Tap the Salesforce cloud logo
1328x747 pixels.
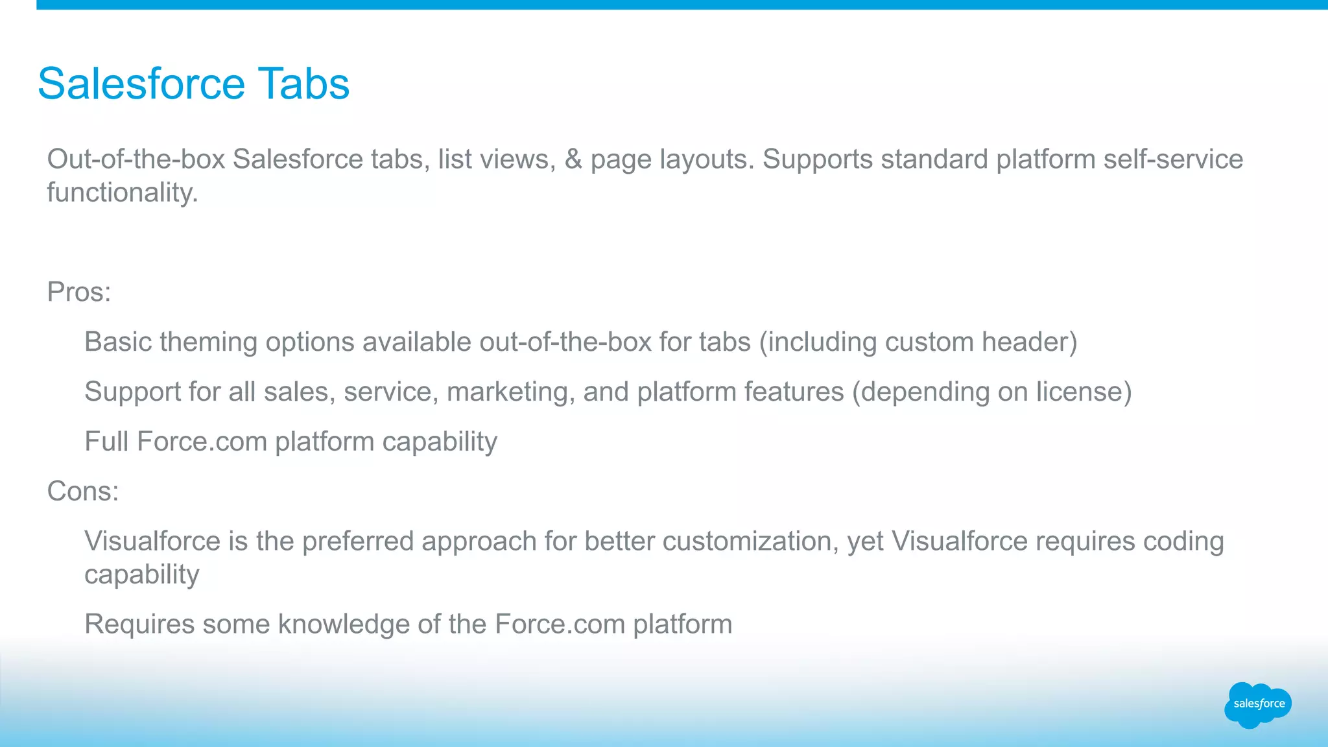coord(1258,704)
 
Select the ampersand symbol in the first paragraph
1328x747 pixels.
coord(573,160)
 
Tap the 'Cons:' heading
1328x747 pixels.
coord(83,492)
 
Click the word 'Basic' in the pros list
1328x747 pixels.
coord(118,342)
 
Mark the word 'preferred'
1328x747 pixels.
coord(357,541)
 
